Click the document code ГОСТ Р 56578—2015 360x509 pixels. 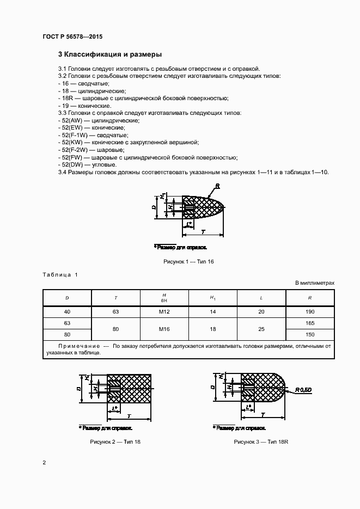[72, 36]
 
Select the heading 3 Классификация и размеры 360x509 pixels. [109, 54]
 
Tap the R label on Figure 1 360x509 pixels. [217, 186]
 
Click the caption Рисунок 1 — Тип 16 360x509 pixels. [188, 262]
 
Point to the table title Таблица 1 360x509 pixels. [60, 274]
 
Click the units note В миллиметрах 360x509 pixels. [315, 283]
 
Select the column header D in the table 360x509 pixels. [67, 298]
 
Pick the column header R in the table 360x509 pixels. [310, 298]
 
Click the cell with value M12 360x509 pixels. [164, 312]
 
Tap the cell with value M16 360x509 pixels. [164, 329]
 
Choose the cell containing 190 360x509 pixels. [310, 312]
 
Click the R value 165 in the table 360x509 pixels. [310, 323]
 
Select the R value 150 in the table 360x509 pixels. [310, 334]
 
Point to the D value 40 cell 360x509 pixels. [67, 312]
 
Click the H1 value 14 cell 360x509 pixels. [213, 312]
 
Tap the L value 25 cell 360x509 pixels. [261, 329]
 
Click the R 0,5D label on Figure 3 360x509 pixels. [303, 390]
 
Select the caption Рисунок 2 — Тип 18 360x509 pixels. [115, 441]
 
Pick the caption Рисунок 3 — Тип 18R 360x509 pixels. [261, 441]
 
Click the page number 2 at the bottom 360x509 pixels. [44, 463]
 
